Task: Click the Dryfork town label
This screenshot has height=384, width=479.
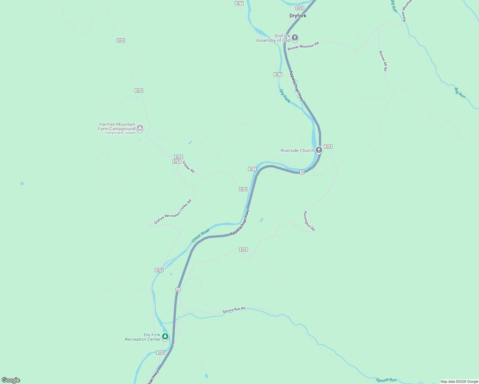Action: (298, 16)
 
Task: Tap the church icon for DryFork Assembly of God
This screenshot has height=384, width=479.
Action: (295, 38)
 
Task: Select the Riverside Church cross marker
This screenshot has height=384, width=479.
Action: (319, 150)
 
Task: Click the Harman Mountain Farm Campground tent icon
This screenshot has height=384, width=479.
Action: (140, 128)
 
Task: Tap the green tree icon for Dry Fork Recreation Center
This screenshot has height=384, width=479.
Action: (165, 336)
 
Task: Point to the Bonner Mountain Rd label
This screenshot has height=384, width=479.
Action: (303, 46)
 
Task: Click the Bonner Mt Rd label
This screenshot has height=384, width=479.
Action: (383, 61)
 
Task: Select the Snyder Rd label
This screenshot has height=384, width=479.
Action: (189, 167)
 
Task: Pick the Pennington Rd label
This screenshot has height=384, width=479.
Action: (309, 221)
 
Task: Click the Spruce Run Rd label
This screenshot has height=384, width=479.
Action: (234, 310)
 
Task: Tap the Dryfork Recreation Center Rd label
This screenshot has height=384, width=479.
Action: (173, 212)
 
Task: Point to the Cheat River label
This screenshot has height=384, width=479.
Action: (201, 236)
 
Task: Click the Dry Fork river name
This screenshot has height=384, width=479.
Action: (285, 96)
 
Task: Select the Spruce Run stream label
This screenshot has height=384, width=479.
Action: (386, 380)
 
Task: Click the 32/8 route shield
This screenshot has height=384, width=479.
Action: (299, 8)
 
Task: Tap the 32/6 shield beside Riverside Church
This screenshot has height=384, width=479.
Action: (328, 147)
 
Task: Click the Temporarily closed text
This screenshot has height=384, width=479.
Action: (120, 133)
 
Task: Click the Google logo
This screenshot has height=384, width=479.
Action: (11, 380)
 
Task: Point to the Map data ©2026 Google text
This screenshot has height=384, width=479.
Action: (459, 381)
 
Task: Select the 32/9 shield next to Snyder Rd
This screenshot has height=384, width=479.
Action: (176, 162)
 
